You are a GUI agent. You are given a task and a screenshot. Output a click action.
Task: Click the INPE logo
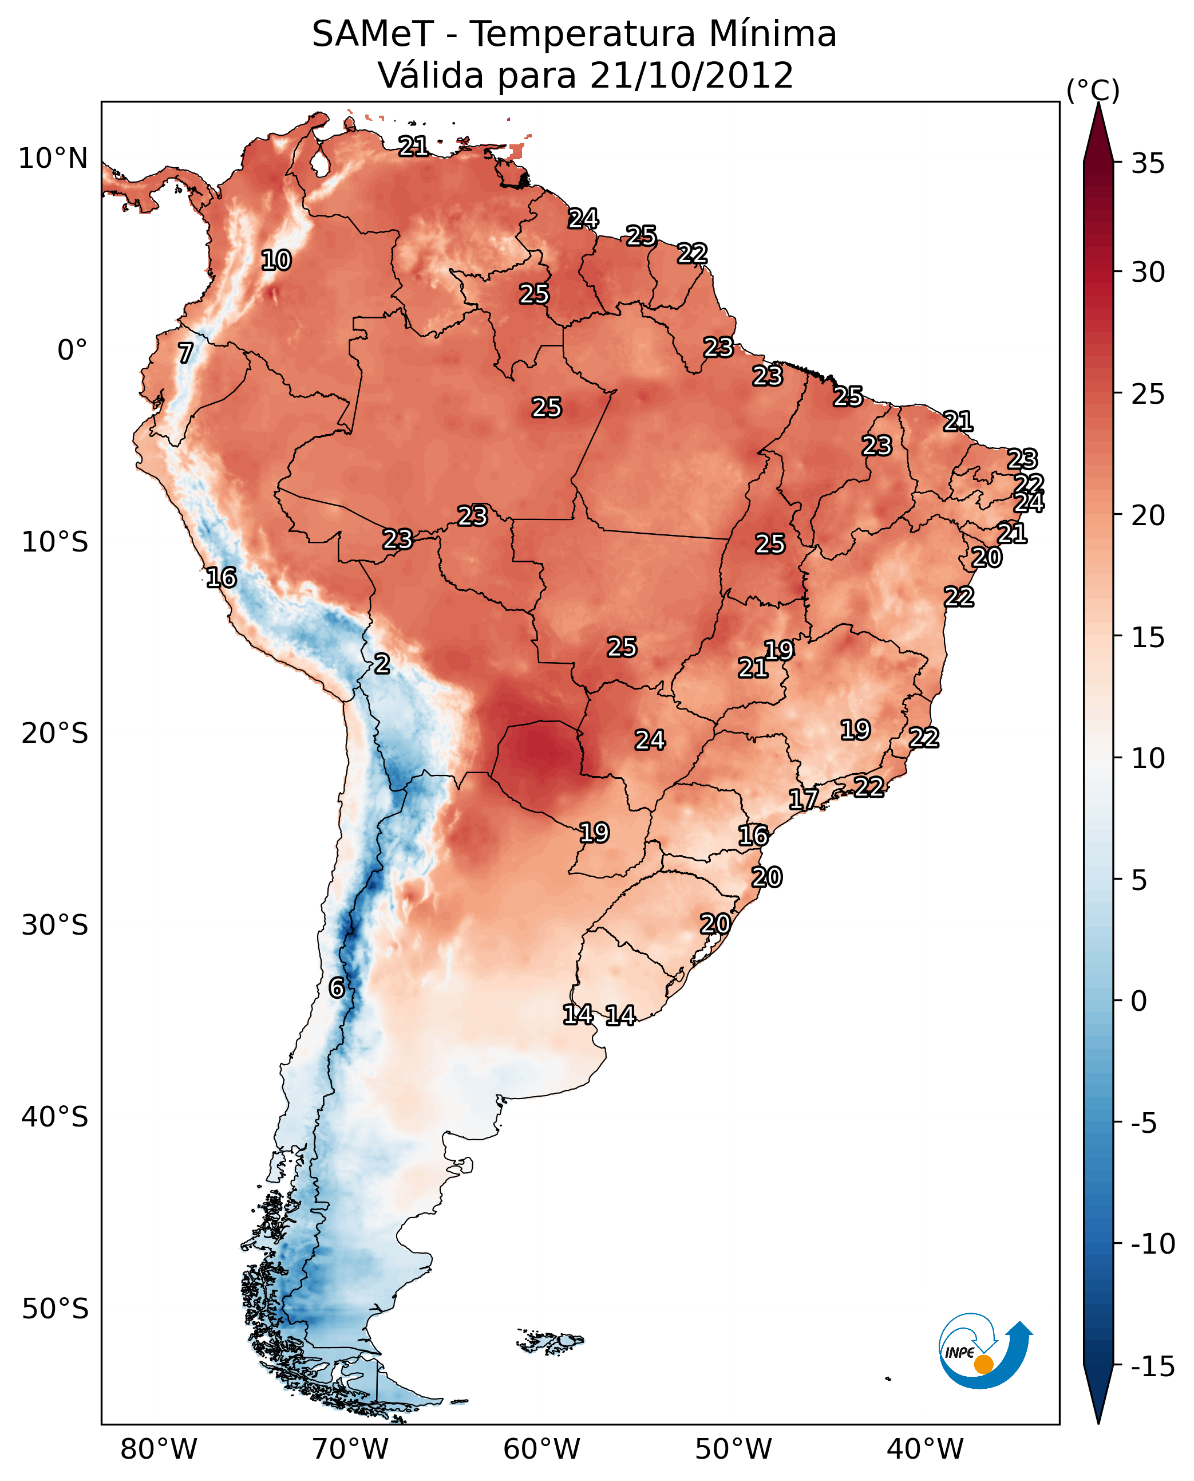pyautogui.click(x=985, y=1352)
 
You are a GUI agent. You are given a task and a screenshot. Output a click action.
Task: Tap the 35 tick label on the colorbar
pyautogui.click(x=1148, y=164)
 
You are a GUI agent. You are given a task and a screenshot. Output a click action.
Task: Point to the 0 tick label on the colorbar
pyautogui.click(x=1139, y=1001)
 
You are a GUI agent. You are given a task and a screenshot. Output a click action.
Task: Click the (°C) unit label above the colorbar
pyautogui.click(x=1092, y=91)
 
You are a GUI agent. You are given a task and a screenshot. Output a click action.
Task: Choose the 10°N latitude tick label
pyautogui.click(x=53, y=159)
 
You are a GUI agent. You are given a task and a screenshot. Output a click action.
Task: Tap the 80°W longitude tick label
pyautogui.click(x=159, y=1449)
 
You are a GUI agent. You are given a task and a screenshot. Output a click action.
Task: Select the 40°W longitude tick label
pyautogui.click(x=925, y=1449)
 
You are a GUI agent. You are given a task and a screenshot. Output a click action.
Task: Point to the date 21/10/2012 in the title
pyautogui.click(x=691, y=76)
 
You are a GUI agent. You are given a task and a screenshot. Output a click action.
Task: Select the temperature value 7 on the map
pyautogui.click(x=185, y=353)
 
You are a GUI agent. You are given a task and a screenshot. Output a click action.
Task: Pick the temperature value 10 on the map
pyautogui.click(x=276, y=260)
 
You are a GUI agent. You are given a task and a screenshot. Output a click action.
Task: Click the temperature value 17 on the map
pyautogui.click(x=802, y=799)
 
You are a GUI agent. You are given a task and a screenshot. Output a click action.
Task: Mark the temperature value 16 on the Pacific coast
pyautogui.click(x=222, y=577)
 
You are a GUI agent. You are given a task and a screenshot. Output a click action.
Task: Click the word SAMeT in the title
pyautogui.click(x=372, y=34)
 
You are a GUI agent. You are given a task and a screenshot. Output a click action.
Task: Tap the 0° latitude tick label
pyautogui.click(x=72, y=350)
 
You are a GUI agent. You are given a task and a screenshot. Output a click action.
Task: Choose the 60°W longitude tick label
pyautogui.click(x=542, y=1449)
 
